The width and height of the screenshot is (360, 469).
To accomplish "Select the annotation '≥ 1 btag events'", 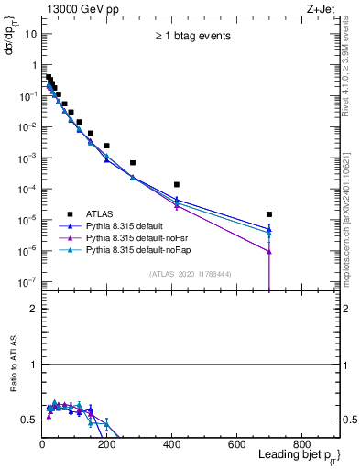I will coord(191,37).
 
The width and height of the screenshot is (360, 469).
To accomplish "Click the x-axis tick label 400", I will coord(171,444).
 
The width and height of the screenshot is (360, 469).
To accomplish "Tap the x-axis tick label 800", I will coord(301,444).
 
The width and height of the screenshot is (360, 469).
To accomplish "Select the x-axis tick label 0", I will coord(42,444).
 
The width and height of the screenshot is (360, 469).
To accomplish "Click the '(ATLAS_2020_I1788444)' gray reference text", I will coord(191,273).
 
